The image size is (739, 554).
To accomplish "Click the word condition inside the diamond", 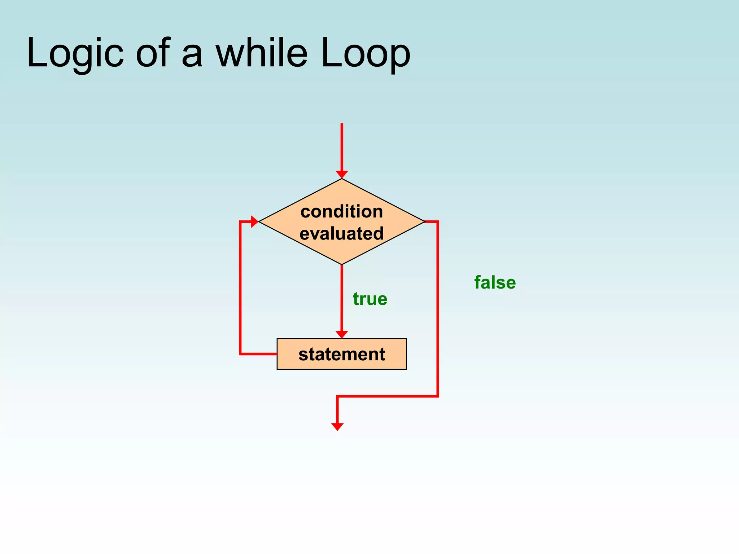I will coord(342,211).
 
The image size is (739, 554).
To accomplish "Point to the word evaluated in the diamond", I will coord(342,233).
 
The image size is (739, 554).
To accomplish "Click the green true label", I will coord(370,299).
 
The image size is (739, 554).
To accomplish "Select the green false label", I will coord(495,282).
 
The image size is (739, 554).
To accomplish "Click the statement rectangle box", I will coord(342,354).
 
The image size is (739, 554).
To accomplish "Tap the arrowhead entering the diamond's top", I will coord(342,175).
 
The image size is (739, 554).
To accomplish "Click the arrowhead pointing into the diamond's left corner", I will coord(254,221).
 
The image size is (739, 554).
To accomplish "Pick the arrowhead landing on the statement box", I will coord(342,334).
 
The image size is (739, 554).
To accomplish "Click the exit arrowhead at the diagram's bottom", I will coord(337,427).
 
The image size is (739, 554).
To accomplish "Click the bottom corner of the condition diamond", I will coord(342,264).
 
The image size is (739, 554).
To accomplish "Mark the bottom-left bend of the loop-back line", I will coord(240,354).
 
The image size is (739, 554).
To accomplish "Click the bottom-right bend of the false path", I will coord(438,396).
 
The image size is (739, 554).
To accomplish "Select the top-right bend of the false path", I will coord(438,221).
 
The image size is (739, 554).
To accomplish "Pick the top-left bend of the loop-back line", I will coord(240,221).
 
